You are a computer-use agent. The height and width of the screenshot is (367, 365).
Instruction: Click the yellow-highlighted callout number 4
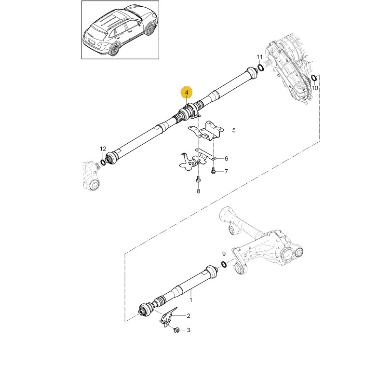(x=187, y=93)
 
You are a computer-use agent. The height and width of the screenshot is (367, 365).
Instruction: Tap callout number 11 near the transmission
(x=260, y=57)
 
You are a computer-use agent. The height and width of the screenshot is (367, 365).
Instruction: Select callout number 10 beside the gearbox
(x=315, y=88)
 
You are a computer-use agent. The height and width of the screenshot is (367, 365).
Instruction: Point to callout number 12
(x=103, y=149)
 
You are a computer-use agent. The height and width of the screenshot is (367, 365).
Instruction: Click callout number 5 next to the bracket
(x=233, y=130)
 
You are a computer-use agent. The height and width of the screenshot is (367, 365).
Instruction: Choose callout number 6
(x=226, y=159)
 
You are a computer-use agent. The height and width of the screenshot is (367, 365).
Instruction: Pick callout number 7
(x=226, y=172)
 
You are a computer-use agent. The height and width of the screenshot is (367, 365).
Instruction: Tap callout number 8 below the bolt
(x=198, y=191)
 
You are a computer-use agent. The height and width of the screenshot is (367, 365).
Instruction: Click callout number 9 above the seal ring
(x=224, y=254)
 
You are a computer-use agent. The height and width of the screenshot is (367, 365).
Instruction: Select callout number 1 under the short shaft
(x=190, y=299)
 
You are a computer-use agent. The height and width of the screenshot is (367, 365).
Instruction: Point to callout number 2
(x=189, y=316)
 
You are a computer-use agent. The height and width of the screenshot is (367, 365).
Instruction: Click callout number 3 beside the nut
(x=189, y=330)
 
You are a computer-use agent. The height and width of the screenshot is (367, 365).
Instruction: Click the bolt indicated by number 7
(x=213, y=171)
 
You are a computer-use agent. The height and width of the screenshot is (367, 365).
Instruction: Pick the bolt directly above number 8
(x=198, y=179)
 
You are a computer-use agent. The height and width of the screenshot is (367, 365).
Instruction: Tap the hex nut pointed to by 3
(x=177, y=330)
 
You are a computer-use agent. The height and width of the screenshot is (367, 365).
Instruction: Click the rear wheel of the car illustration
(x=114, y=50)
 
